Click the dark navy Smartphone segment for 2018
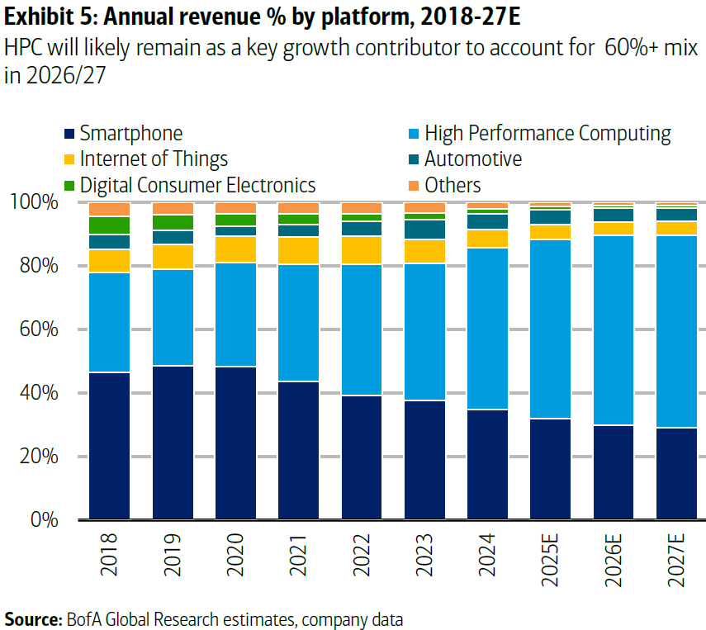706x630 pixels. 110,446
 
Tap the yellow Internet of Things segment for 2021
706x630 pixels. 298,250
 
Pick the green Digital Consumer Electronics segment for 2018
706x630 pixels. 110,225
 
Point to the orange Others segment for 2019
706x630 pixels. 173,208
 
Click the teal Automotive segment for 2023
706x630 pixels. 424,229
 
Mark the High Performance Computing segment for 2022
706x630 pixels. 362,329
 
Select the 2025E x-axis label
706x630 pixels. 551,558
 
